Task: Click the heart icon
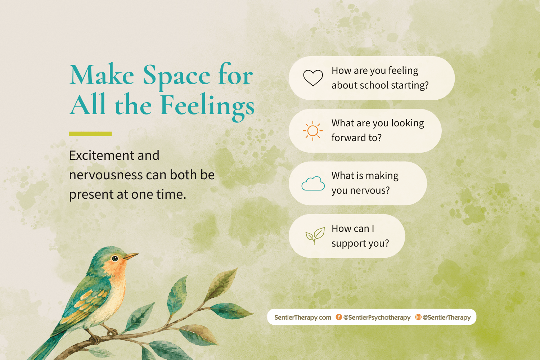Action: coord(313,78)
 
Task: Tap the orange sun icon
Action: coord(313,131)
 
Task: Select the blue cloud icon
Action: coord(313,184)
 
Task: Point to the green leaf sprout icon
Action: coord(315,235)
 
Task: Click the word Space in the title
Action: coord(176,76)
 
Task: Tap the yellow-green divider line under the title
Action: coord(90,134)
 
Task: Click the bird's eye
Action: coord(115,259)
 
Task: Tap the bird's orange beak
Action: coord(131,256)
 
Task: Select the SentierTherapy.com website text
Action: coord(302,317)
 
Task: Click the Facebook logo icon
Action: coord(339,317)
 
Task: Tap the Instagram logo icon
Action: coord(418,317)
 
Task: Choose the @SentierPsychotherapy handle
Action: coord(377,318)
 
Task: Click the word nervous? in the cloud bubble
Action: coord(370,190)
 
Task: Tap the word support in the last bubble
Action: coord(348,243)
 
